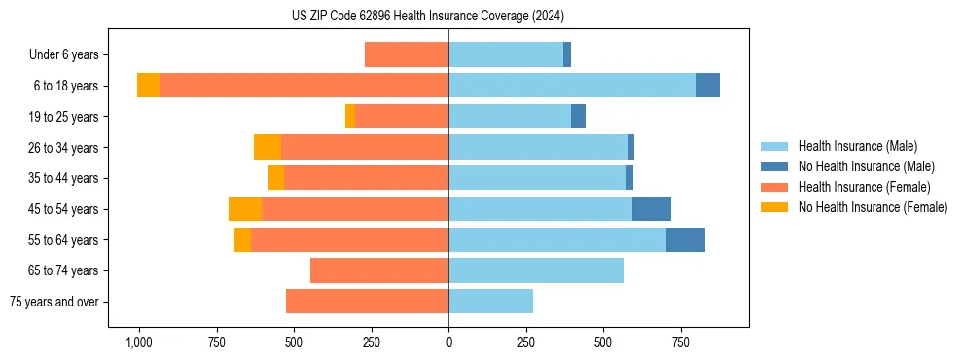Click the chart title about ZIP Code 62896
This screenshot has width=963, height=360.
point(428,16)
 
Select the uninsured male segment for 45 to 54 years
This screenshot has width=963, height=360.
point(652,209)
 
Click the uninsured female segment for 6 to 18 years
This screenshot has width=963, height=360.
point(148,86)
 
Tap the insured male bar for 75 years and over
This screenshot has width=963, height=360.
point(491,302)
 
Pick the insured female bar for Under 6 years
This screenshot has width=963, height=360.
point(407,54)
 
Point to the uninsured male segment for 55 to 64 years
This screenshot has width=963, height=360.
point(686,240)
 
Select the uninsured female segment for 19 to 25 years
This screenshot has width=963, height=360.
point(350,117)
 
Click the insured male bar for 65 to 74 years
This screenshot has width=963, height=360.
point(536,270)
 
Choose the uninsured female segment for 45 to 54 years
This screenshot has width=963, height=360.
point(245,209)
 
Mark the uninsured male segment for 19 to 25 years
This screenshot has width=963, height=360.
point(578,117)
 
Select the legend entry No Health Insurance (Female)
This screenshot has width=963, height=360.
point(873,207)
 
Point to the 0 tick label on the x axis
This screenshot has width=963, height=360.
point(448,342)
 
